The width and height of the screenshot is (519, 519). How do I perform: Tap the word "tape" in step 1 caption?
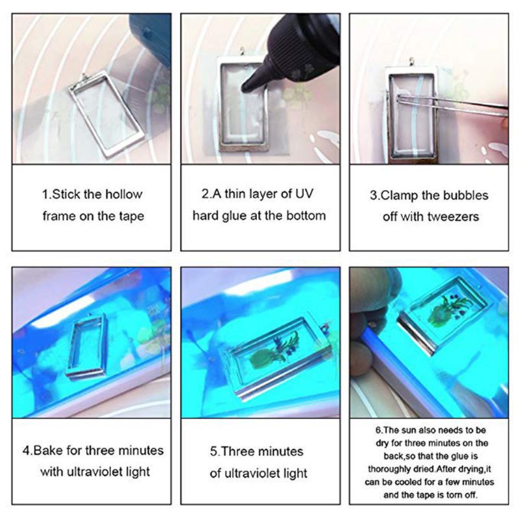(x=128, y=216)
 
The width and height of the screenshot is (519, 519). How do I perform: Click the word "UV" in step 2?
(x=311, y=193)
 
